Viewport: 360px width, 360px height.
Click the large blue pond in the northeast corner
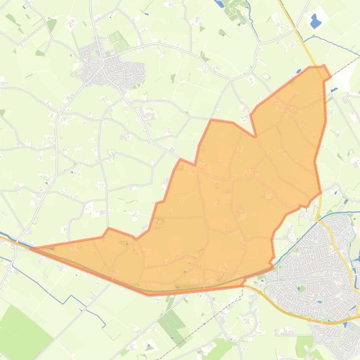coord(315,20)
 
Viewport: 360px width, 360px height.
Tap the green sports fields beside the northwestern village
coord(118,42)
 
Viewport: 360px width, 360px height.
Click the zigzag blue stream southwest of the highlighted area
coord(70,299)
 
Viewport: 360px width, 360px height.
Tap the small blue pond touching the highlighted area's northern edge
coord(299,72)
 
